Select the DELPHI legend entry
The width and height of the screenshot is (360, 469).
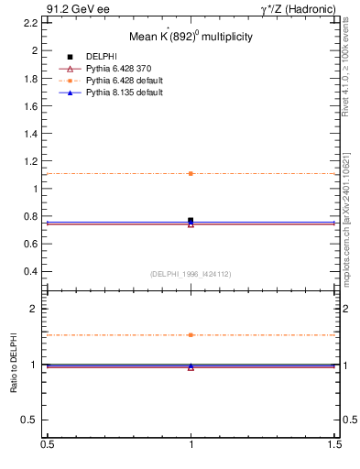tap(101, 56)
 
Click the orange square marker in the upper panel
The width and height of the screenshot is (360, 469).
tap(191, 173)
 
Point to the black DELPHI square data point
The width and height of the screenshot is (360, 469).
tap(191, 220)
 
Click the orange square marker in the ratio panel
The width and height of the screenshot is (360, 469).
tap(191, 335)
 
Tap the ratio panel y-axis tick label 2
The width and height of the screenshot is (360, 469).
tap(38, 309)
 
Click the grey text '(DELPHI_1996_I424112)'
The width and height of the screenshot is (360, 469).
tap(190, 274)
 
